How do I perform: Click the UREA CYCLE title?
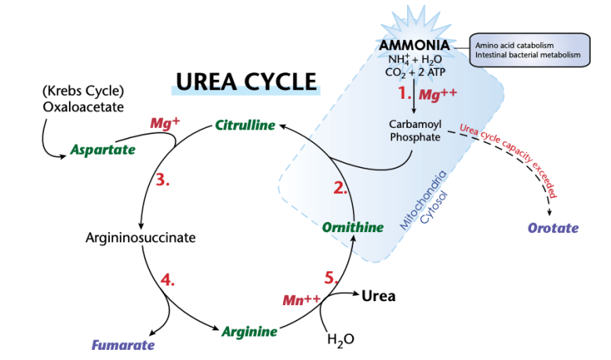coord(245,82)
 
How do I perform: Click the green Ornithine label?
coord(352,227)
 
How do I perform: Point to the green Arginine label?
coord(249,331)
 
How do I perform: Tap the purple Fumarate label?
coord(123,344)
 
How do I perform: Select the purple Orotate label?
coord(552,228)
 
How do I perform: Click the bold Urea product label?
coord(378,296)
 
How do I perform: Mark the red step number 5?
coord(333,277)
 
